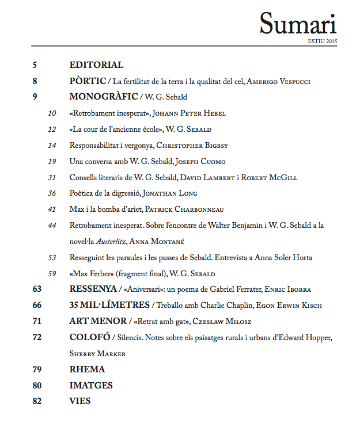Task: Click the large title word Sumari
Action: (297, 24)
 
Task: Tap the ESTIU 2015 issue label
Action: (322, 41)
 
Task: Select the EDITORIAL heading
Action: (96, 65)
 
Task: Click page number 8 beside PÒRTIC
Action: (36, 81)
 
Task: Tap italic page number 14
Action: (52, 145)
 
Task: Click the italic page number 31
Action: (52, 177)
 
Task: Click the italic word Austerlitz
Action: (116, 242)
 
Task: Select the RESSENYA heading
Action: (93, 288)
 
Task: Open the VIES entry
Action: (80, 401)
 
